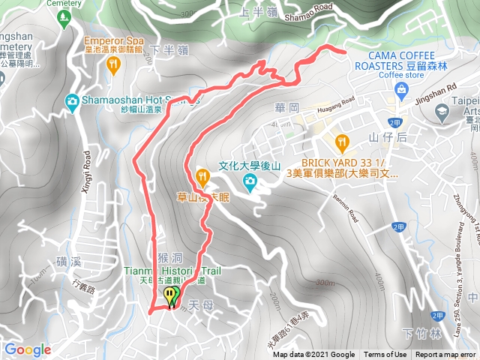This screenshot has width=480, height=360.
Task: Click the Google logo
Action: [x=27, y=349]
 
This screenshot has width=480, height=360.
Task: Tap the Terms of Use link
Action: [x=385, y=355]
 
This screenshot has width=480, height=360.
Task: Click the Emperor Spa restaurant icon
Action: [x=112, y=66]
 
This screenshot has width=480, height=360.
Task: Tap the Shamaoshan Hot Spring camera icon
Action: [x=72, y=100]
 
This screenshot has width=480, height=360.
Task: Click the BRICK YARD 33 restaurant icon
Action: [x=342, y=140]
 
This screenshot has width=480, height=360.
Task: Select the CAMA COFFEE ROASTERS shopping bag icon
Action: [x=403, y=89]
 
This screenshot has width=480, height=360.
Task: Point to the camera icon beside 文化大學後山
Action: [x=248, y=181]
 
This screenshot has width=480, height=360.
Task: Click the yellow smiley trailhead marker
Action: [x=172, y=295]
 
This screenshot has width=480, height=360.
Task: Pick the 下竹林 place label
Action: [x=418, y=333]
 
